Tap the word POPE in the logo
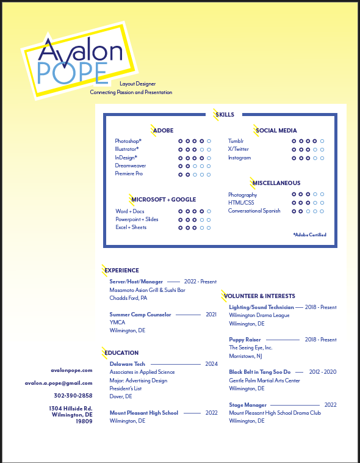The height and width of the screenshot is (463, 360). coord(72,73)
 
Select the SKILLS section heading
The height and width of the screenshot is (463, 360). coord(225,114)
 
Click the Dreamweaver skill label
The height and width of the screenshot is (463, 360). coord(131,166)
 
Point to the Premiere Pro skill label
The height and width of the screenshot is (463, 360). coord(129,173)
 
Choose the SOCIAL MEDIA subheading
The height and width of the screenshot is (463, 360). coord(276,130)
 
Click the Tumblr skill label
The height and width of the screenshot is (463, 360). coord(236,141)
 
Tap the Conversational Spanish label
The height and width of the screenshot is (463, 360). coord(254,211)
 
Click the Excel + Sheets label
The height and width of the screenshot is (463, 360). coord(131,227)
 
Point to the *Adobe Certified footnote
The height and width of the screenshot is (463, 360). coord(309,235)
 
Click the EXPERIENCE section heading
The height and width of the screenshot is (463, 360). coord(122,270)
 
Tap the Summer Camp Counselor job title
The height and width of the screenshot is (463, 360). coord(140,315)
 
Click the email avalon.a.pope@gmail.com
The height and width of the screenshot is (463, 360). coord(59,383)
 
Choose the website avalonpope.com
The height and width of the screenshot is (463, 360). coord(71,370)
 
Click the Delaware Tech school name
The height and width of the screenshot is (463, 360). coord(127,364)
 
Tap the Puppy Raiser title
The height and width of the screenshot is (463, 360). coord(245,340)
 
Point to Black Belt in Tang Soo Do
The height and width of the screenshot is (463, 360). coord(259,372)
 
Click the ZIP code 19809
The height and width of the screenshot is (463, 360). coord(84,421)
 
